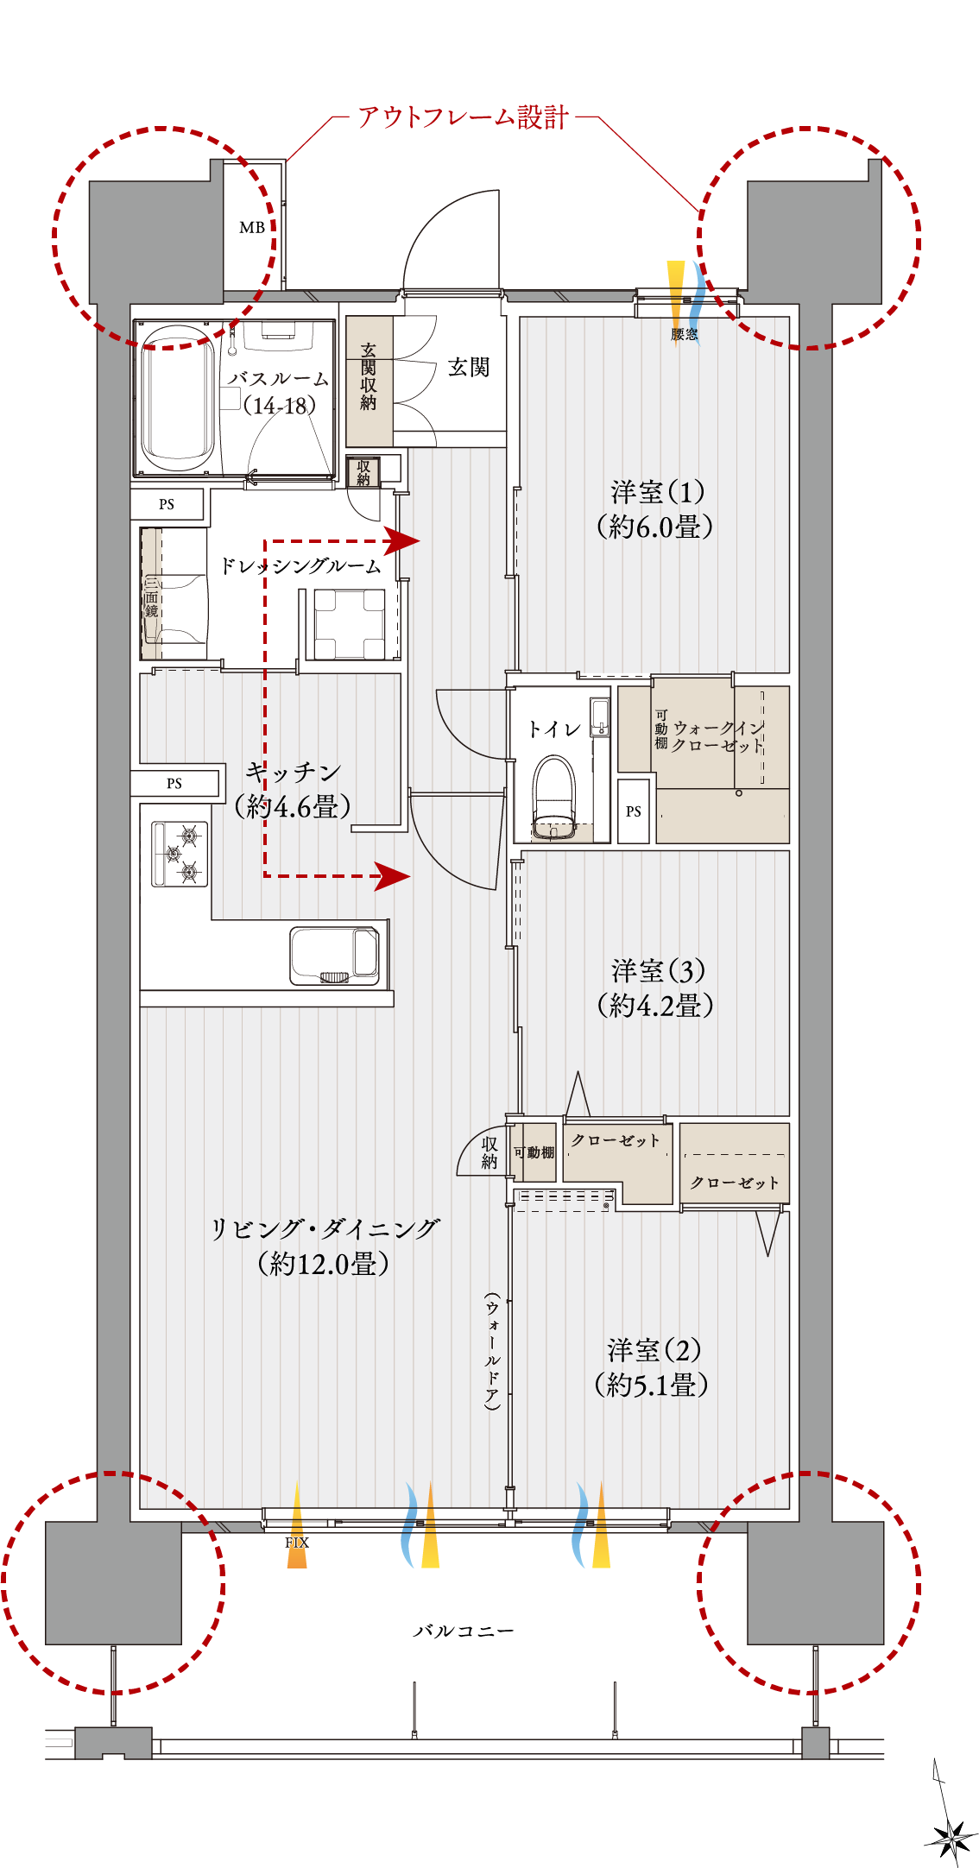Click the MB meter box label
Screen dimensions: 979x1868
(x=252, y=228)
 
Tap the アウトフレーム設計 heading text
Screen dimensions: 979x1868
(x=464, y=117)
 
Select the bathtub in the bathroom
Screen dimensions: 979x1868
(x=178, y=398)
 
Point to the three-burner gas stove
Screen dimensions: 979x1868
(x=180, y=854)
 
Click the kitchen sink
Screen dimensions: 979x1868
(x=335, y=956)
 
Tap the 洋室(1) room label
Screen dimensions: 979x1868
(x=658, y=492)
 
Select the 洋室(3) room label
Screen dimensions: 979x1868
(x=658, y=971)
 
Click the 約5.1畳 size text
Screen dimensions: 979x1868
(x=652, y=1385)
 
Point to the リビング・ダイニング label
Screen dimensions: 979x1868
(x=325, y=1228)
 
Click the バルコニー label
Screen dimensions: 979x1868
(x=463, y=1631)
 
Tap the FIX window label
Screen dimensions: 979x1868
(x=297, y=1543)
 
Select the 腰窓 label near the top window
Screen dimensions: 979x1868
(x=685, y=334)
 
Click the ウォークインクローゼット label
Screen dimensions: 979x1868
(x=718, y=736)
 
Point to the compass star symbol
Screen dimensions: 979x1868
(x=951, y=1839)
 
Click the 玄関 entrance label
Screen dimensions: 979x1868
(x=469, y=368)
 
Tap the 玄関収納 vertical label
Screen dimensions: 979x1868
(x=369, y=375)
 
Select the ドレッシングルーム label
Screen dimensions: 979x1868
(x=300, y=566)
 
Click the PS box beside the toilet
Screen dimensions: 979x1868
(x=634, y=811)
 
